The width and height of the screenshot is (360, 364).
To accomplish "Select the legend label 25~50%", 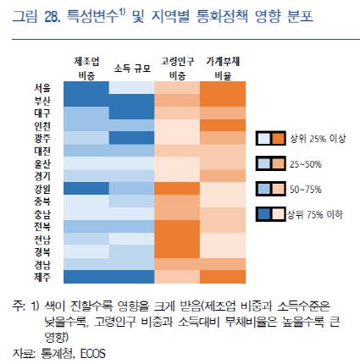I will (302, 163).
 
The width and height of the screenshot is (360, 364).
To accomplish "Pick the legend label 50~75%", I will (302, 188).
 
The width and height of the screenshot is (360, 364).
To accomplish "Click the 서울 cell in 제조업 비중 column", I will (86, 87).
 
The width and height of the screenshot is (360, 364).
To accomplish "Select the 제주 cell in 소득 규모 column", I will (131, 276).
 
